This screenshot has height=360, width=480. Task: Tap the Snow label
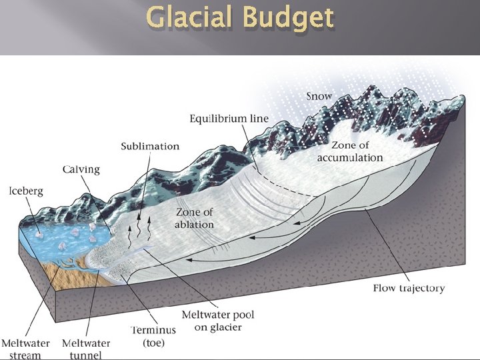coord(319,96)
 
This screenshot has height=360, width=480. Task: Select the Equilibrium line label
coord(229,119)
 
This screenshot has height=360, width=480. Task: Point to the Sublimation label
coord(150,146)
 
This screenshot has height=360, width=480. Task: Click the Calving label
coord(81,169)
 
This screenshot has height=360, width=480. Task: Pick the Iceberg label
coord(26,191)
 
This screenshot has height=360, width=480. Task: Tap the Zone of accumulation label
coord(350,151)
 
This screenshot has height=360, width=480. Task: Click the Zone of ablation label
coord(194,218)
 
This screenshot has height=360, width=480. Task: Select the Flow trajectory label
coord(408,288)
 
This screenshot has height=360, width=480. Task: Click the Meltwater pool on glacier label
coord(218,321)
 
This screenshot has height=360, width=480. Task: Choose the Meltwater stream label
coord(25,349)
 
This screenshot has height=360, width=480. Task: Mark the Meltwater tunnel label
coord(85,349)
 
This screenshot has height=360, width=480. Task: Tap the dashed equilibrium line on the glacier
coord(280,181)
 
